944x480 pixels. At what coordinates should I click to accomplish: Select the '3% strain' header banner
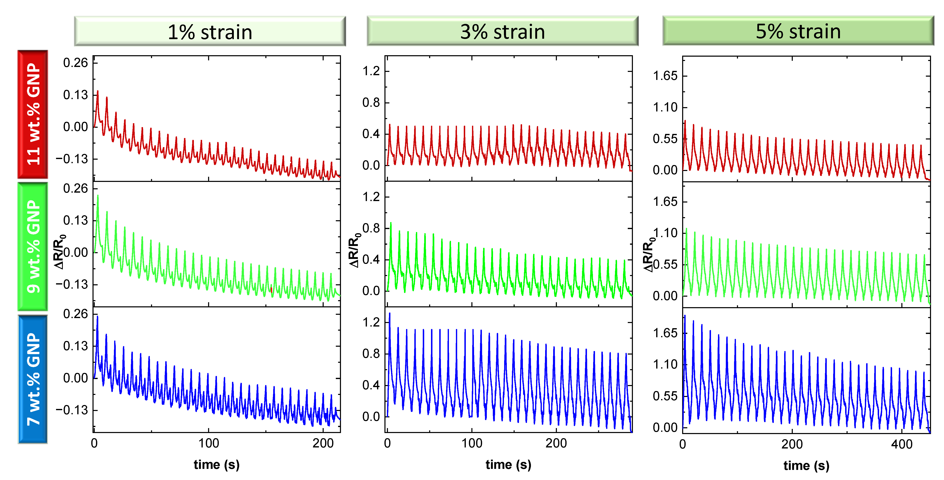coord(502,32)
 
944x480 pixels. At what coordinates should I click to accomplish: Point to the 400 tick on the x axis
coord(902,444)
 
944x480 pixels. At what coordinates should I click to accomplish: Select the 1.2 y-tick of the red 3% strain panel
coord(371,71)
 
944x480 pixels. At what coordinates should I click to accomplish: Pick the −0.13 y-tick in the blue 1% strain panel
coord(72,410)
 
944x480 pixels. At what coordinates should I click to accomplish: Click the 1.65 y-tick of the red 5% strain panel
coord(665,76)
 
